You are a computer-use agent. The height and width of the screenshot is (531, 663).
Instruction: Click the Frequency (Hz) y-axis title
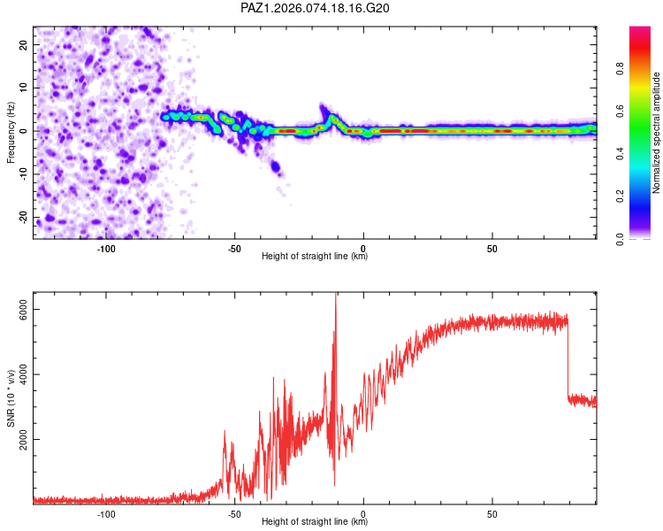(11, 132)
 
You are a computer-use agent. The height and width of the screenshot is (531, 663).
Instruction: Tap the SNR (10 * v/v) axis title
(11, 399)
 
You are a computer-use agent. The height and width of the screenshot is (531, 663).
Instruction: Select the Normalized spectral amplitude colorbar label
(657, 133)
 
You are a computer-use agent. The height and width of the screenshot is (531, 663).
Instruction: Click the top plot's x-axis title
(315, 256)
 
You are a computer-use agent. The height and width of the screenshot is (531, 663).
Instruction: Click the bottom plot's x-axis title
(315, 521)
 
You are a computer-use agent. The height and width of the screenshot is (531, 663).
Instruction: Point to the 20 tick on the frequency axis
(24, 44)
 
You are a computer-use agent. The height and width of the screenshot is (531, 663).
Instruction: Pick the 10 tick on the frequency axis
(24, 88)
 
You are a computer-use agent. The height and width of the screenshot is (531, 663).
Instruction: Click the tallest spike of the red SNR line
(336, 296)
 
